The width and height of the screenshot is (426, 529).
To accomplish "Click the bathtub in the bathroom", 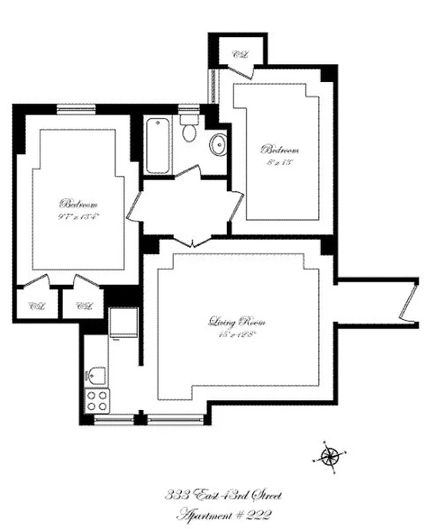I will click(x=159, y=145).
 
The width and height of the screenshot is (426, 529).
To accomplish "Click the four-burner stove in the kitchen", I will click(x=98, y=399).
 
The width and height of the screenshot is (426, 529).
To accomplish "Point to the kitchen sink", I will click(x=97, y=375).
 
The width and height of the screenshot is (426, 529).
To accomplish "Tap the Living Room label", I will click(x=237, y=323).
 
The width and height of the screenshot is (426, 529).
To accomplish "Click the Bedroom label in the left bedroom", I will click(x=79, y=203).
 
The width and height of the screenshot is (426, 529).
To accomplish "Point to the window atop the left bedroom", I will click(x=76, y=108).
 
